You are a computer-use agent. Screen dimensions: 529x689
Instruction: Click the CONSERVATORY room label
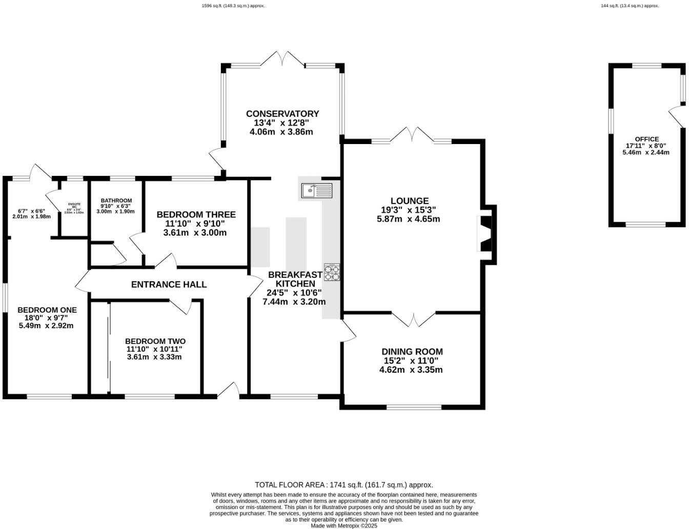282,114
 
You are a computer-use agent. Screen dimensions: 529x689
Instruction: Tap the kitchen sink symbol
316,191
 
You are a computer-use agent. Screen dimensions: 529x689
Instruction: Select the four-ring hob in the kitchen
332,272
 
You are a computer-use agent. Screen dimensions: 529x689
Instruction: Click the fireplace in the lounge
484,234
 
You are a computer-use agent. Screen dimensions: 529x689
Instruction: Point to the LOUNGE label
409,201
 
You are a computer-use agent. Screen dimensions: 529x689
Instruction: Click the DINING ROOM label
412,352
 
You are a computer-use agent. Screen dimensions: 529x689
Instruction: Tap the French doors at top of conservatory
283,58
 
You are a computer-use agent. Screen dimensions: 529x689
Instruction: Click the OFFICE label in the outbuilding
646,139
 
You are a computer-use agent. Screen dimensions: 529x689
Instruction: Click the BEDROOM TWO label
155,341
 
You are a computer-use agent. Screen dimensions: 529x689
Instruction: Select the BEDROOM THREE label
196,215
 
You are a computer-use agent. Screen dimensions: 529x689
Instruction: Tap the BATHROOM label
116,201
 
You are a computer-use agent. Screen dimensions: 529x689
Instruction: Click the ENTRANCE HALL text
169,284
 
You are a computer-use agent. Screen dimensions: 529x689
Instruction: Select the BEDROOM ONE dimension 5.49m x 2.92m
46,325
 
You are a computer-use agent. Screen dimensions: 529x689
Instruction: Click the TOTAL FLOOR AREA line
344,484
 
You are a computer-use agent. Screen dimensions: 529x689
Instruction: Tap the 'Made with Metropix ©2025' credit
344,525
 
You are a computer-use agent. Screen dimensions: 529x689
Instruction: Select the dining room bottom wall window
414,407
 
